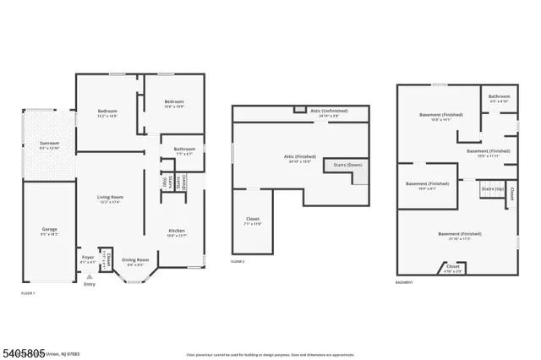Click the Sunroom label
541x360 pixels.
coord(49,145)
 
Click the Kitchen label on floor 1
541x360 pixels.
coord(176,231)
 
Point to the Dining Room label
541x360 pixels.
coord(135,259)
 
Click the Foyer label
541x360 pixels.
coord(88,257)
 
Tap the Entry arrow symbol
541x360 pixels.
coord(89,276)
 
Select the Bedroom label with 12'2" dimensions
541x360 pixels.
coord(107,112)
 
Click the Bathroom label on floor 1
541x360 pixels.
coord(184,150)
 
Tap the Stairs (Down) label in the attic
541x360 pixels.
coord(348,165)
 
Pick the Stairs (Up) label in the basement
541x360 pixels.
coord(493,188)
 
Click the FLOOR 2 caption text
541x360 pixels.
coord(238,262)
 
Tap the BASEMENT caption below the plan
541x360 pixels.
coord(405,282)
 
